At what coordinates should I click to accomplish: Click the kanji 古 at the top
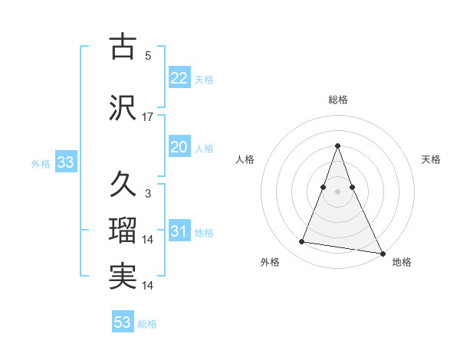123,47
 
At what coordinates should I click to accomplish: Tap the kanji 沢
123,107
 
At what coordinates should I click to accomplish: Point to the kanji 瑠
123,231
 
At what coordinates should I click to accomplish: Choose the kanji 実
123,277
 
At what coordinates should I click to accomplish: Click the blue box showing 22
179,78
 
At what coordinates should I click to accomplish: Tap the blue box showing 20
179,147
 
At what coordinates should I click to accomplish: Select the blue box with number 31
179,232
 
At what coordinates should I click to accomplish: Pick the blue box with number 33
65,162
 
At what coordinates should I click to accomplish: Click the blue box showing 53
123,322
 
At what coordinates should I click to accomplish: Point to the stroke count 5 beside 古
148,56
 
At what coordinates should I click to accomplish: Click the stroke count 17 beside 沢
148,117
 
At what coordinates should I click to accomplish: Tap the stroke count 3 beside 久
148,194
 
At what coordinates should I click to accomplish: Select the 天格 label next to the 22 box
204,80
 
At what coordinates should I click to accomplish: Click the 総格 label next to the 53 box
147,324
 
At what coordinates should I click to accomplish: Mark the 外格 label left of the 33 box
41,164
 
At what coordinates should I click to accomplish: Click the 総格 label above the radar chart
337,100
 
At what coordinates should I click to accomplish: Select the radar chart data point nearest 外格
301,242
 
